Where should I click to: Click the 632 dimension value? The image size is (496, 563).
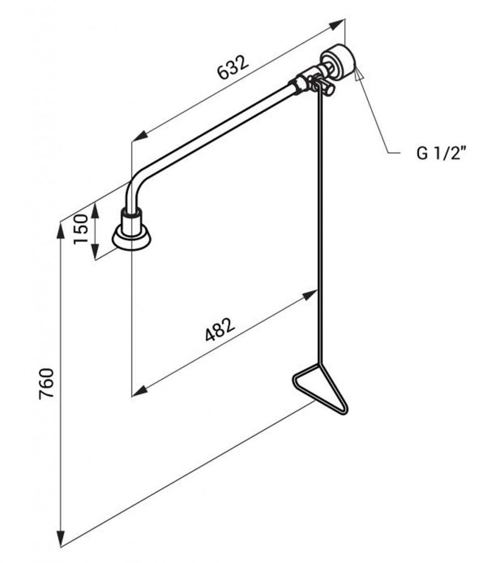tap(234, 67)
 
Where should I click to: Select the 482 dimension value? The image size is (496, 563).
tap(220, 329)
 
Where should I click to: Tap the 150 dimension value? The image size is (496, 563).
tap(80, 229)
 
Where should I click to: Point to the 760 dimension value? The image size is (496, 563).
tap(47, 383)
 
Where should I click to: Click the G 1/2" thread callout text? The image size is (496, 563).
tap(442, 153)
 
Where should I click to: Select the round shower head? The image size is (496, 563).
tap(131, 236)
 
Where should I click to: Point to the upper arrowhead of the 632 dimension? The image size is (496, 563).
tap(337, 25)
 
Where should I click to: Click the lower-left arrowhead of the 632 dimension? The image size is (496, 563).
tap(140, 135)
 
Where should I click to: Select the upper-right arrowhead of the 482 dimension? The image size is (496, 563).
tap(309, 295)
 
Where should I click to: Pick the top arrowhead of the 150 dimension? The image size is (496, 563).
tap(95, 212)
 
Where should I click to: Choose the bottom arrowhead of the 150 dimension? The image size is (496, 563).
tap(95, 250)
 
